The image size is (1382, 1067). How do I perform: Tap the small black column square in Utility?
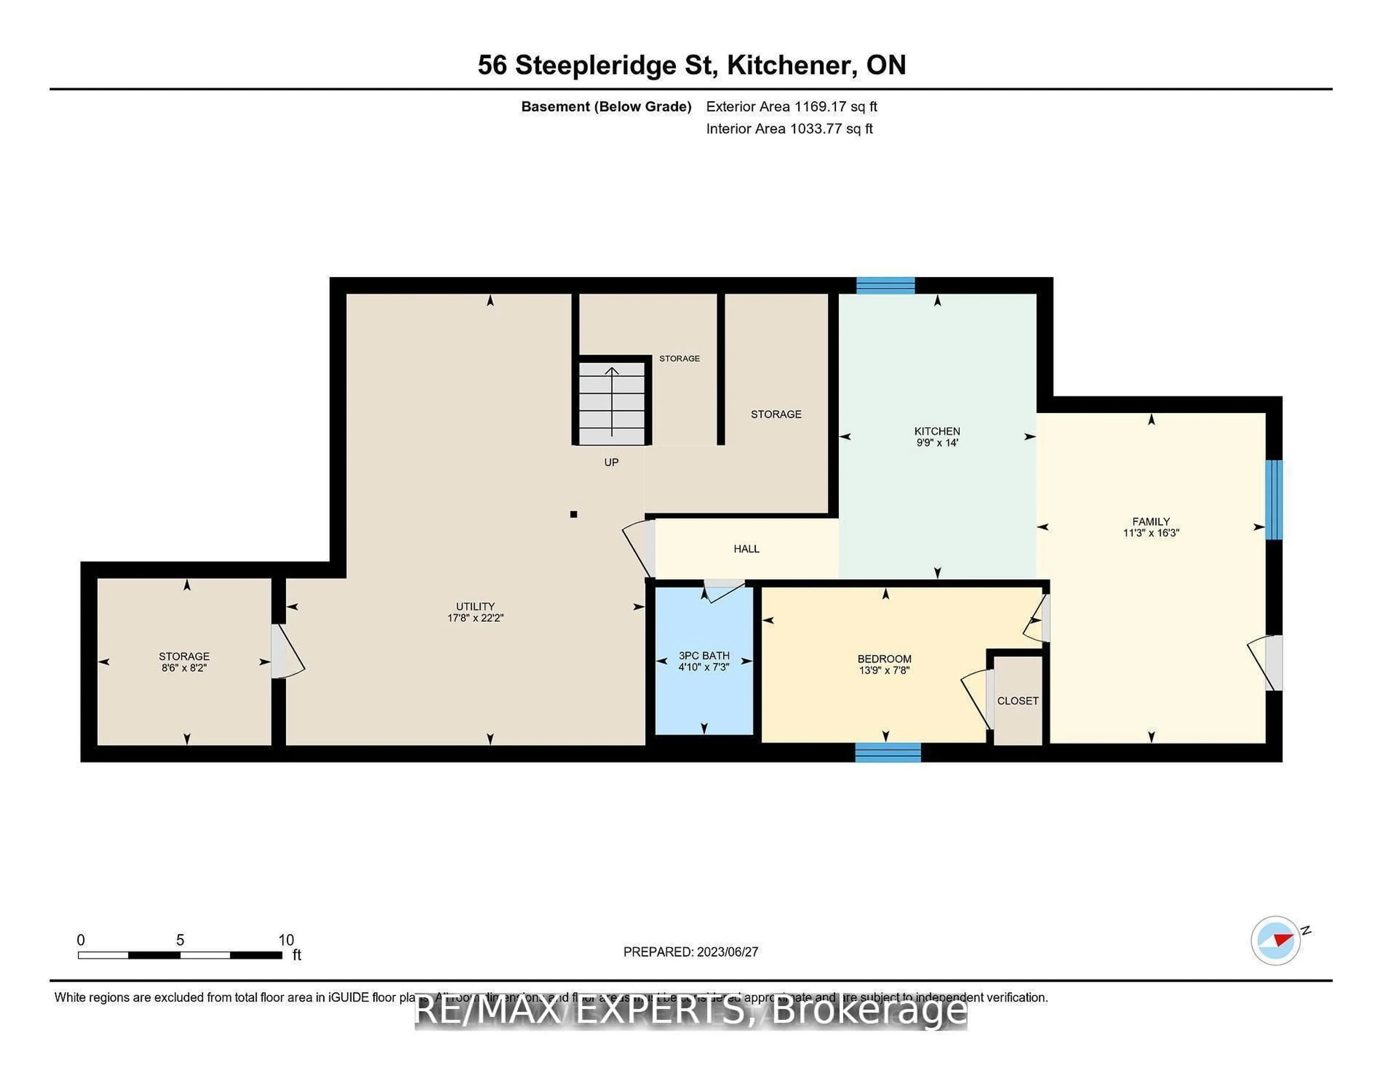click(573, 514)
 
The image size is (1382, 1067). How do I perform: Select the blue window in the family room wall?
click(1274, 500)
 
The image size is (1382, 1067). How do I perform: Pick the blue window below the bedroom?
click(888, 752)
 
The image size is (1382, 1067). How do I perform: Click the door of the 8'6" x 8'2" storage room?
click(286, 652)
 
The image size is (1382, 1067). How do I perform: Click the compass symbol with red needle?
click(1276, 940)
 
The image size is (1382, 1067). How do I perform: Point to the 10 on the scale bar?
click(286, 940)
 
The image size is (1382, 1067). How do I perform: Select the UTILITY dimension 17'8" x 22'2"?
click(475, 618)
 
